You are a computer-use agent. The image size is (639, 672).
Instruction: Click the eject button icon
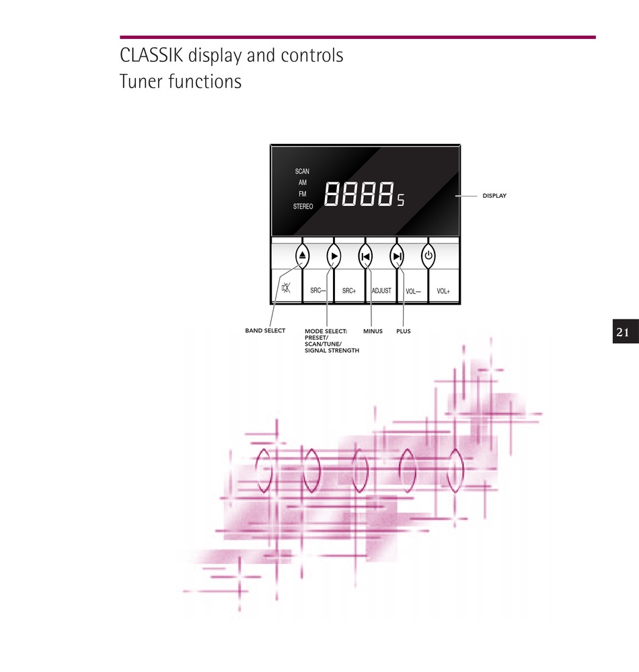[302, 256]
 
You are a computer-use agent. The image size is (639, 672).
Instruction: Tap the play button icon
[334, 256]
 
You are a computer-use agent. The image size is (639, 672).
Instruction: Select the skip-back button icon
[365, 256]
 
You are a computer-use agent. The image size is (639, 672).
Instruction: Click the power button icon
[428, 256]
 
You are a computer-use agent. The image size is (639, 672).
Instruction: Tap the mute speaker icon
[286, 288]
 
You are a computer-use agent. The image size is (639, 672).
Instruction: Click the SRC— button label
[318, 291]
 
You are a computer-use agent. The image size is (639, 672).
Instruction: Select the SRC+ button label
[349, 291]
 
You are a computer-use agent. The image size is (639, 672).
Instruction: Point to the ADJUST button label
[381, 291]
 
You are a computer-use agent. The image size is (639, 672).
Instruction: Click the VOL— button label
[413, 291]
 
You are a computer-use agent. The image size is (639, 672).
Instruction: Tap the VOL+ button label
[443, 291]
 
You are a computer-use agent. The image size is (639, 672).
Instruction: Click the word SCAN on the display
[302, 172]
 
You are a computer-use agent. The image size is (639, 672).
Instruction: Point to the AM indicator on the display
[303, 182]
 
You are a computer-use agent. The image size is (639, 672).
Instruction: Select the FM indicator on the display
[303, 194]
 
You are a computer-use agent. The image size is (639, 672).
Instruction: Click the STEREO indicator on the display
[303, 207]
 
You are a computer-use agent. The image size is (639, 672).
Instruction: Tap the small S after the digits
[400, 200]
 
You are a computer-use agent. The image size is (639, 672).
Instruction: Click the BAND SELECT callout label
[265, 330]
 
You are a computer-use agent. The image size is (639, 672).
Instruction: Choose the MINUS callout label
[373, 331]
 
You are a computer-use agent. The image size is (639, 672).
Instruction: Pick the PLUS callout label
[404, 331]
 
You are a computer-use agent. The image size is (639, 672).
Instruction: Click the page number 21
[623, 332]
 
